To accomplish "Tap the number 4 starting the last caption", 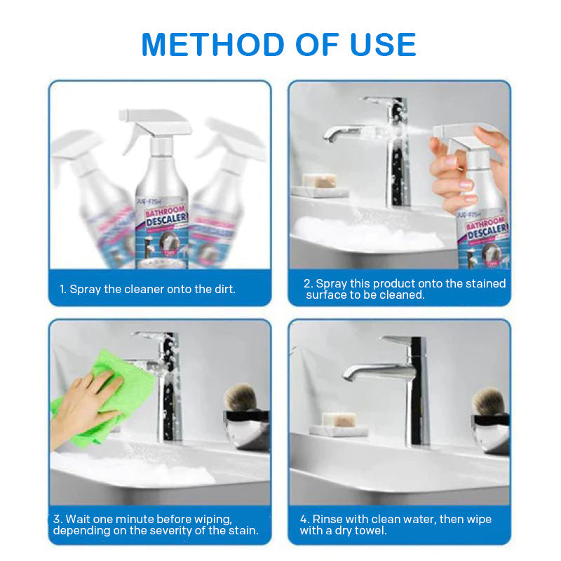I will click(304, 520).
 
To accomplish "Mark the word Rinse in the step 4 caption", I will click(329, 520).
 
